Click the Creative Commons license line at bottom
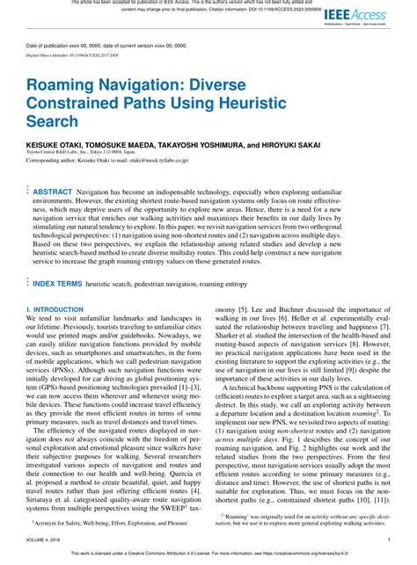tap(208, 554)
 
